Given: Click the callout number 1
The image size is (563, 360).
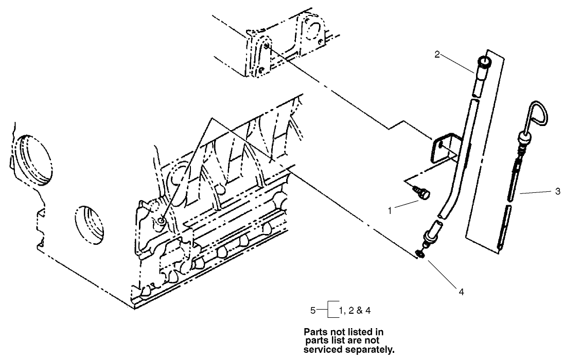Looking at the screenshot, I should pos(390,210).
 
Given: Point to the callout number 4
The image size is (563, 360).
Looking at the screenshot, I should pos(461,292).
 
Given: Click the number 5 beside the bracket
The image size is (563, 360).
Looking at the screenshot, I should pos(312,310).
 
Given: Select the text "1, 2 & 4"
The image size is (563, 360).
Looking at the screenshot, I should pos(355,311).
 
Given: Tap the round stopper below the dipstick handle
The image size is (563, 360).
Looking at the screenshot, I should pos(524,138).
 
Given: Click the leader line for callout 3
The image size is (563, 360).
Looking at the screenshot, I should pos(535,192).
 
